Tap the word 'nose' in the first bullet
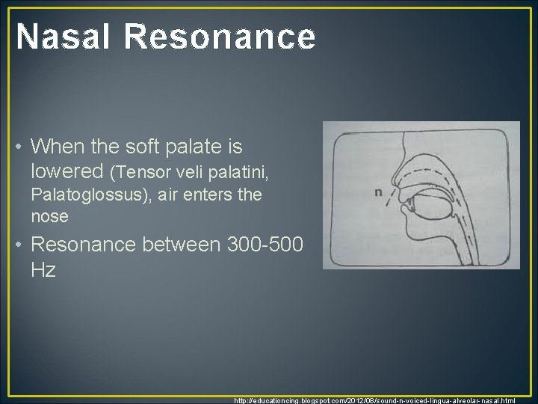click(x=49, y=217)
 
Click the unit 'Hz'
click(x=43, y=269)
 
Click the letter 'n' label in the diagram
click(x=379, y=192)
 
